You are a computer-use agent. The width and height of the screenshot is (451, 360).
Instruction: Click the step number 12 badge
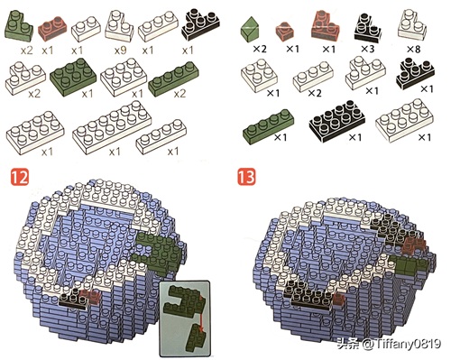click(x=20, y=177)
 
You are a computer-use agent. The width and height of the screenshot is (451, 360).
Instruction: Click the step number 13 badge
click(x=246, y=177)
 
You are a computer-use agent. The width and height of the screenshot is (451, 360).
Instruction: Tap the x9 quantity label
click(x=120, y=51)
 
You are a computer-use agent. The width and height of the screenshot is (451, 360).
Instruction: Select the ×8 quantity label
click(x=413, y=49)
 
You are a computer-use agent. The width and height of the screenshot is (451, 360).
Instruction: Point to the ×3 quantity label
click(x=367, y=49)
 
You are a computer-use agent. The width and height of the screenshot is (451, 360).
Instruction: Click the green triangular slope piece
click(x=250, y=30)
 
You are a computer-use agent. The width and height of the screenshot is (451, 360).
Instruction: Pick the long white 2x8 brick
click(x=112, y=127)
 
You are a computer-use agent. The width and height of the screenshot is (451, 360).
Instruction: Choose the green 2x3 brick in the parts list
click(x=73, y=77)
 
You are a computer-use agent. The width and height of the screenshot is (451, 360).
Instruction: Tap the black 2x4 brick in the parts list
click(x=337, y=121)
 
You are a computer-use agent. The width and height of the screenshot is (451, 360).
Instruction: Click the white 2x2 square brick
click(x=259, y=75)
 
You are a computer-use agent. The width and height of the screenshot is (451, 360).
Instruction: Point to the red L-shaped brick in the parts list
click(x=326, y=24)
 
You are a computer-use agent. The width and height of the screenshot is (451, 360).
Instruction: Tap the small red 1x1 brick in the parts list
click(x=284, y=31)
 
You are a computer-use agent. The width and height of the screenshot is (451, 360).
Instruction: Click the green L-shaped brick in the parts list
click(x=19, y=25)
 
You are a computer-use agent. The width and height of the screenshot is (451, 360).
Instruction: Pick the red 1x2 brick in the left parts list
click(x=52, y=29)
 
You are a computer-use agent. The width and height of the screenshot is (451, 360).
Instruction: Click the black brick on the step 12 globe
click(x=73, y=299)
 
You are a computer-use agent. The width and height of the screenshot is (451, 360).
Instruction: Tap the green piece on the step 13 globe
click(x=409, y=264)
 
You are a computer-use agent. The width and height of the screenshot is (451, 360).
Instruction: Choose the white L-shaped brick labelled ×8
click(x=411, y=25)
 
